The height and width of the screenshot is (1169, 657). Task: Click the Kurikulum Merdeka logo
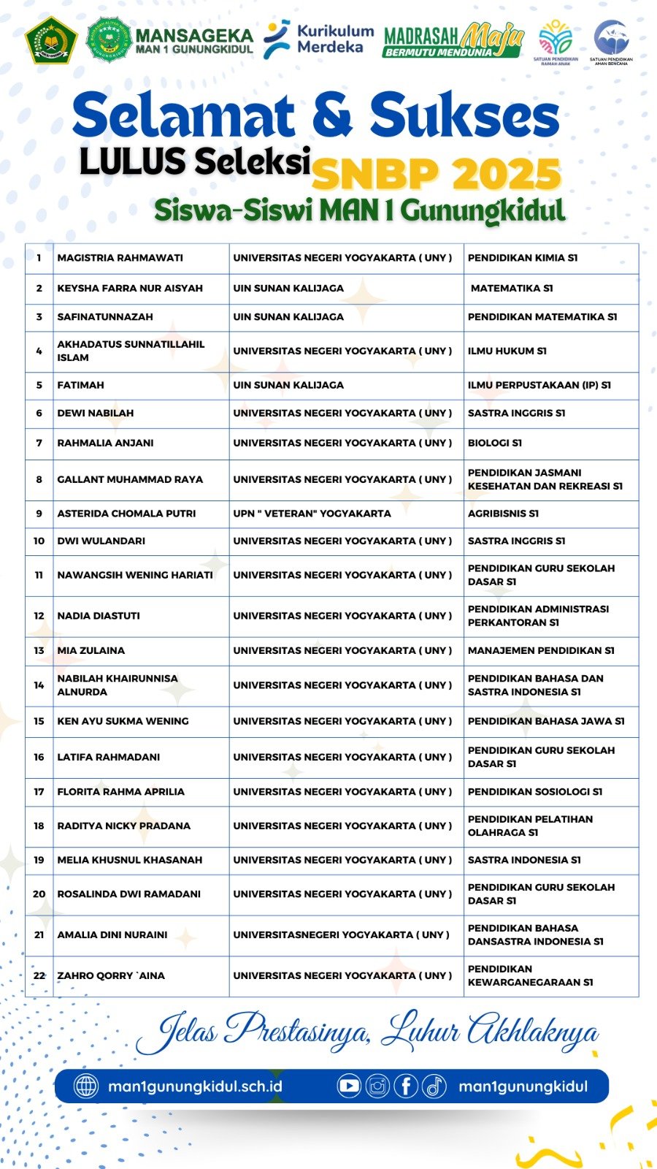click(318, 39)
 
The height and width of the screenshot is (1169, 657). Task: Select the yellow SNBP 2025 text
click(436, 174)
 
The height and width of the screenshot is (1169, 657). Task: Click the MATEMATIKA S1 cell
click(512, 289)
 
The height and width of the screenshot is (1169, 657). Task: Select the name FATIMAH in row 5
click(81, 385)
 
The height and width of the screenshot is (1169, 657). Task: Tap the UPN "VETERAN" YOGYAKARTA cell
click(312, 514)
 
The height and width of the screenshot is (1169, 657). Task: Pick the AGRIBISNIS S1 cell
click(503, 514)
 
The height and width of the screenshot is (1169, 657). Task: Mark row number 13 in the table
click(39, 650)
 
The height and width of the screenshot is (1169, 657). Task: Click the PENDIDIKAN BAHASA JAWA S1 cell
click(546, 721)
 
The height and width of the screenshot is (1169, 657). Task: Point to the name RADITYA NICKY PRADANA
click(124, 826)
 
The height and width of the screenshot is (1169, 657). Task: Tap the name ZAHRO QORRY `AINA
click(111, 976)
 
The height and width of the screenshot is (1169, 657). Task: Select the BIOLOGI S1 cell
click(495, 443)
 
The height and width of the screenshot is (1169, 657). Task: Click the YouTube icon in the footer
click(349, 1086)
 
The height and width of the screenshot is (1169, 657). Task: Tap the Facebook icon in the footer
click(406, 1086)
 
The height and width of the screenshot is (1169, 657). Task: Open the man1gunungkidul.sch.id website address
click(195, 1086)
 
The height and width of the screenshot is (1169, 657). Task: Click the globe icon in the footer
click(86, 1086)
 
